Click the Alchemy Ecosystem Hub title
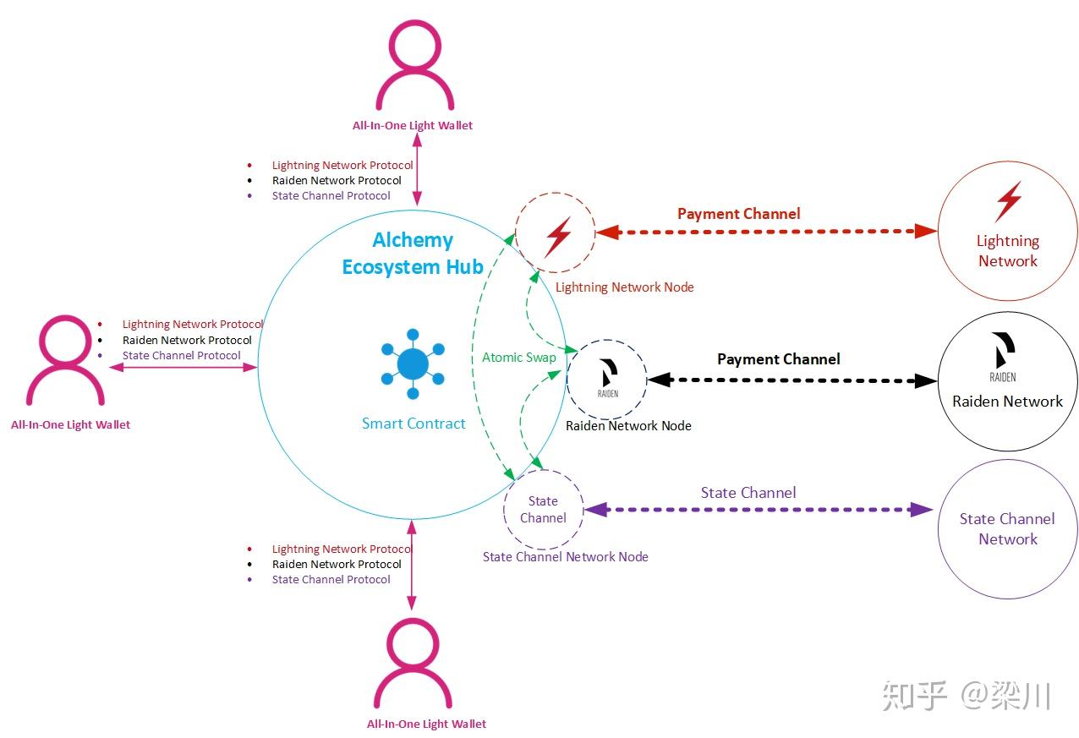pos(413,254)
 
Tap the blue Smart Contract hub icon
pos(413,364)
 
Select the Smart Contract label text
pos(414,424)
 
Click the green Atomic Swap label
pos(519,358)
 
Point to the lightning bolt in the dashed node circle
pos(559,237)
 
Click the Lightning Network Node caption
pos(624,287)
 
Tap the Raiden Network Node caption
pos(628,426)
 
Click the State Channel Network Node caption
pos(565,557)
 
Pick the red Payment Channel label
pos(738,214)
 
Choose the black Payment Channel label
pos(779,359)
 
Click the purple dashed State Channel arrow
pos(759,510)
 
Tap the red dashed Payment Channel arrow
pos(766,232)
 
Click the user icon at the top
pos(414,64)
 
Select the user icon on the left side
pos(65,360)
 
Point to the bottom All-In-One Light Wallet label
pos(426,724)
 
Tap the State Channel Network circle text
pos(1007,529)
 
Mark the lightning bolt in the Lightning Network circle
pos(1009,201)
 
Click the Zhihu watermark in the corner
pos(967,696)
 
